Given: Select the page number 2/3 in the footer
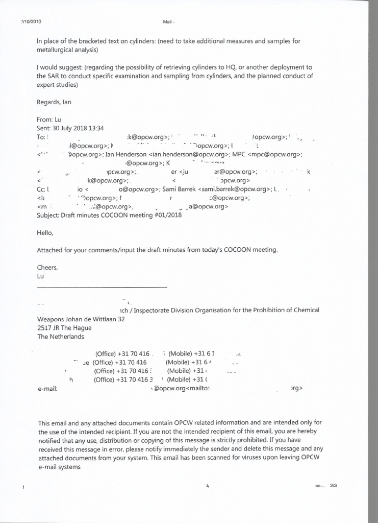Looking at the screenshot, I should click(334, 486).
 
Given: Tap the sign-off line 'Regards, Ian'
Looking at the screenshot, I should click(54, 102).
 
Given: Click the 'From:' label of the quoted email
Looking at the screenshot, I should click(45, 119).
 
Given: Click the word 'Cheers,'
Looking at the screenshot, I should click(47, 267).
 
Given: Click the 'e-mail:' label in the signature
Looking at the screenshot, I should click(47, 389).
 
